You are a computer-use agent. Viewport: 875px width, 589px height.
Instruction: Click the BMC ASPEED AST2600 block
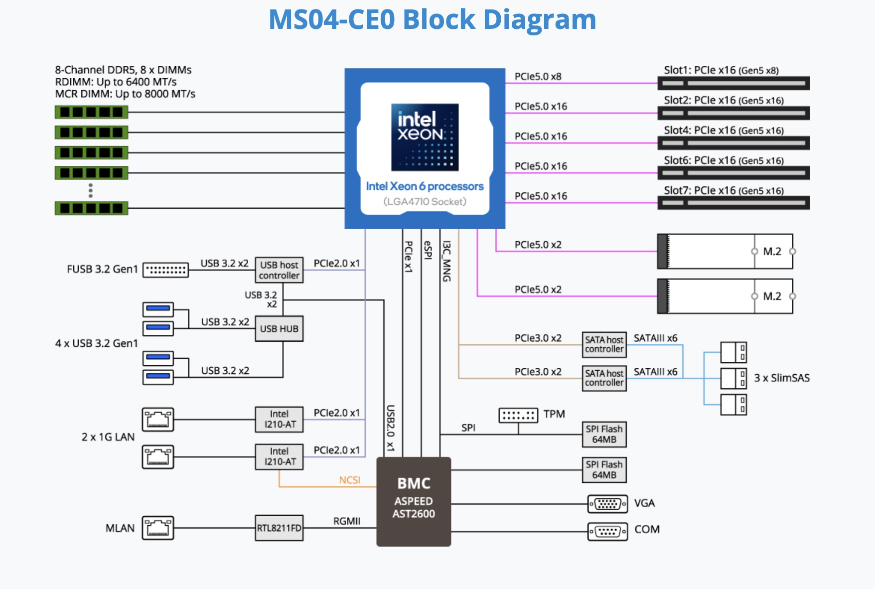point(414,501)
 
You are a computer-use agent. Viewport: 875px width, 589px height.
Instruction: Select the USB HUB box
point(279,329)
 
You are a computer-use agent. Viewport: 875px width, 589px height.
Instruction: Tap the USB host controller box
point(279,270)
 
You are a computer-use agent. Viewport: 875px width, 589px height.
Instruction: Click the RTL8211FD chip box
point(279,528)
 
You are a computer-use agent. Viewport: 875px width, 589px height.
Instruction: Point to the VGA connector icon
point(607,504)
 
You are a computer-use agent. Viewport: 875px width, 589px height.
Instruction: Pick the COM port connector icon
point(607,531)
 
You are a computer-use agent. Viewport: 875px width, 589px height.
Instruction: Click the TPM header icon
point(518,415)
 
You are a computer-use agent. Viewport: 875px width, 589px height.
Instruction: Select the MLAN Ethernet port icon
point(158,528)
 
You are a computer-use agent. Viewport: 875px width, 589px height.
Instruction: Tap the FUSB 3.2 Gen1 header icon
point(165,270)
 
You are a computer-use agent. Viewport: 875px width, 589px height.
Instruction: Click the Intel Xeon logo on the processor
point(425,137)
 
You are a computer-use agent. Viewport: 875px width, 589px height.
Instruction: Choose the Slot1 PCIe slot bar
point(733,83)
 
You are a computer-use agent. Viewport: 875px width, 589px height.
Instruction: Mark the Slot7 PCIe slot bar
point(733,203)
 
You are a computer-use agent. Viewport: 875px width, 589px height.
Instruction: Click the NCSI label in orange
point(350,480)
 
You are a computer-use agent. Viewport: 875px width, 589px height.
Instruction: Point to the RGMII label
point(347,521)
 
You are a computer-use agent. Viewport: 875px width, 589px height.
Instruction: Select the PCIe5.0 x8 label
point(538,77)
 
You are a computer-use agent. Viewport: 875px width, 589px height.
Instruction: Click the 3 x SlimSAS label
point(781,378)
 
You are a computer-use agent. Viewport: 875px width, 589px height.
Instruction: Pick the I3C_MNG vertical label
point(446,261)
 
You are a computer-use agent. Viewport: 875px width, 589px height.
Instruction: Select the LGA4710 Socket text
point(425,202)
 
